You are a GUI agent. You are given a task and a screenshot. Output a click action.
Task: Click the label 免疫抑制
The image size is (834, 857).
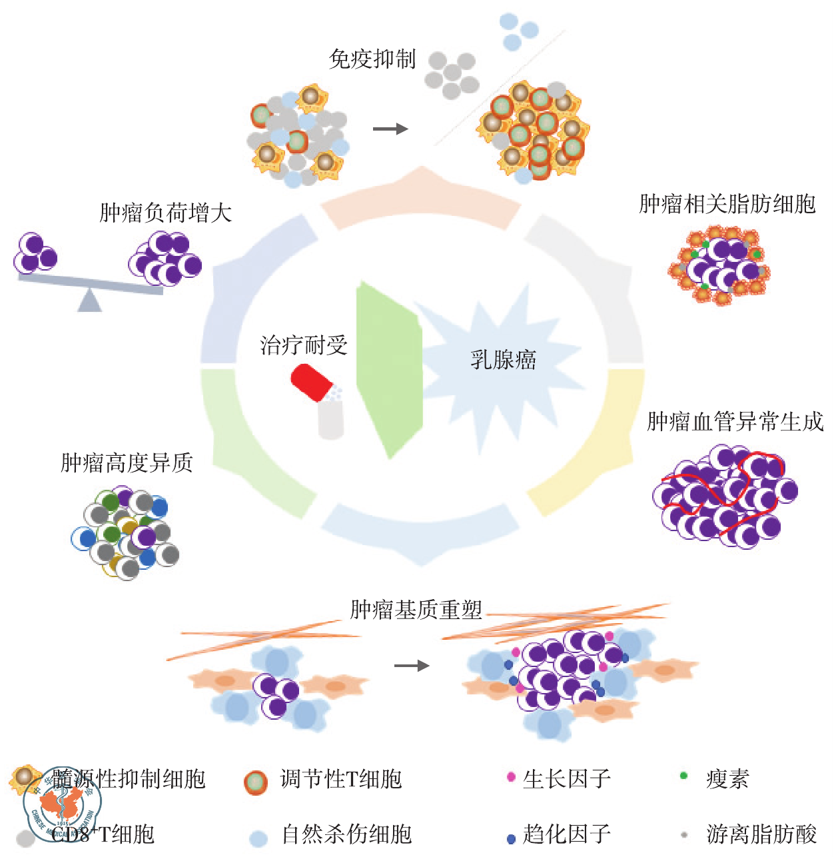(x=372, y=60)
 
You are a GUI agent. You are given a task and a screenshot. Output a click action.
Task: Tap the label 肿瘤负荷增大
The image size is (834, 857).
(x=166, y=213)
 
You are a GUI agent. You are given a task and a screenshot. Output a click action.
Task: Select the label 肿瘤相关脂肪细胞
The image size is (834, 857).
(x=727, y=204)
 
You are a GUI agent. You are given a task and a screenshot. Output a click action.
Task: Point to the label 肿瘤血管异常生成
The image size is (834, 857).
(x=735, y=422)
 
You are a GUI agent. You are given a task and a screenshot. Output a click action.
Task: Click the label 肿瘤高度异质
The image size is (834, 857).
(x=127, y=462)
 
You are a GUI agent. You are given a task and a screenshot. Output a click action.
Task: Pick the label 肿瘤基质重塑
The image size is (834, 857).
(x=416, y=610)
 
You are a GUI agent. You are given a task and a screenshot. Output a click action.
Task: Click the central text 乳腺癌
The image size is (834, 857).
(x=503, y=361)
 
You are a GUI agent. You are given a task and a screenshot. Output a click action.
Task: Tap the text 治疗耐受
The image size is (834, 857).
(x=304, y=345)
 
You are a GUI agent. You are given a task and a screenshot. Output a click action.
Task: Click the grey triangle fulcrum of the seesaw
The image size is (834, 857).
(x=89, y=301)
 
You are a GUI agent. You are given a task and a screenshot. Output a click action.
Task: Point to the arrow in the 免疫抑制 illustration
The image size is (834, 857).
(x=390, y=129)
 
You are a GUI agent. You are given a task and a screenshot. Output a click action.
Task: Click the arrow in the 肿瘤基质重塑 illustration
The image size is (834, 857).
(x=412, y=665)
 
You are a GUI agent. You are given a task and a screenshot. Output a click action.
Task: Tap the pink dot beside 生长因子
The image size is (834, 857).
(x=511, y=777)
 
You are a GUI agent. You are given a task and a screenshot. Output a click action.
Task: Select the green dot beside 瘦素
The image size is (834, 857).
(x=683, y=776)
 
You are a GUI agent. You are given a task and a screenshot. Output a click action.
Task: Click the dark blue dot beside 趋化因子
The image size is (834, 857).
(x=511, y=838)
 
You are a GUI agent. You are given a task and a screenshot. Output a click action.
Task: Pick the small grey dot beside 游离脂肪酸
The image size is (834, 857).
(x=684, y=834)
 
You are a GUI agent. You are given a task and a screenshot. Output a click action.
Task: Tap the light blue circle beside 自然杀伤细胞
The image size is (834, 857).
(x=258, y=838)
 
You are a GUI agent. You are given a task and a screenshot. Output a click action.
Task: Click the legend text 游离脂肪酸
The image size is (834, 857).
(x=761, y=834)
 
